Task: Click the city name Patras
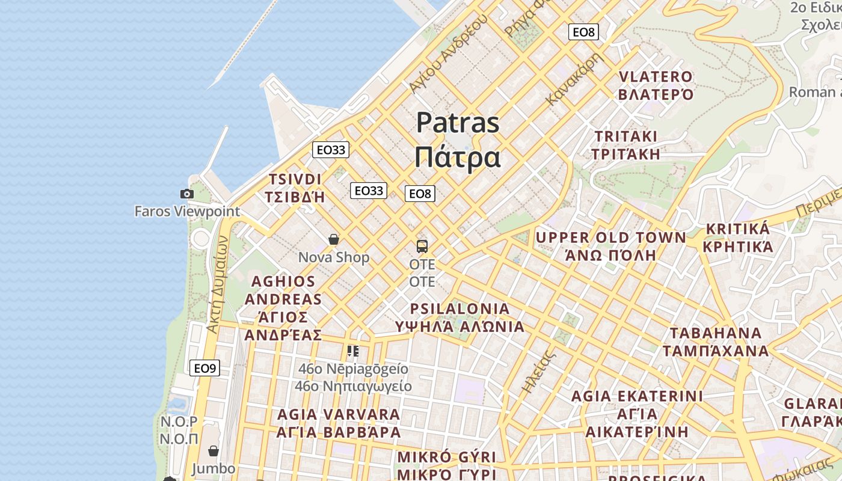pos(458,123)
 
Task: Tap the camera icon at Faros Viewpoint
pos(187,194)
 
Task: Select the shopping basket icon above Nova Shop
pos(334,239)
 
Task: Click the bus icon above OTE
pos(422,246)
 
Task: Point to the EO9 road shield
pos(204,368)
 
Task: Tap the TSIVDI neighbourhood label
pos(295,180)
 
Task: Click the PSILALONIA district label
pos(459,309)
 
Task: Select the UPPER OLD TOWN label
pos(610,237)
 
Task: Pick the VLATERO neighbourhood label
pos(656,77)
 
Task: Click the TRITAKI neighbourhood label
pos(625,136)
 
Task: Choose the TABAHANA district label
pos(716,333)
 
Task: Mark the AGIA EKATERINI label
pos(637,396)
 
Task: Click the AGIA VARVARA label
pos(339,415)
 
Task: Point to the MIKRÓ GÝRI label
pos(447,456)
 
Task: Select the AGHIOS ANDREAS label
pos(283,290)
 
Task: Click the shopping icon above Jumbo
pos(214,451)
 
